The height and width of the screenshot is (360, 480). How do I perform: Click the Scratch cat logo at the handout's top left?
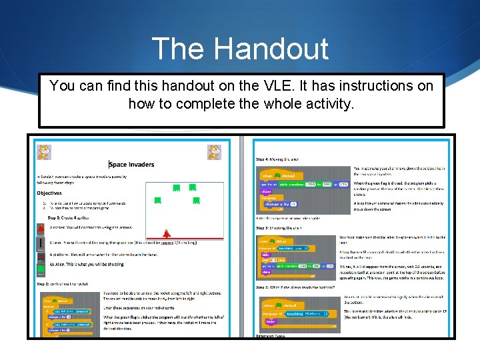tap(44, 151)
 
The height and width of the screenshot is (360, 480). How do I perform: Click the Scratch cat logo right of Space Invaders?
tap(214, 151)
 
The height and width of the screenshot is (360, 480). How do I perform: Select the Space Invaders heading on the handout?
tap(131, 165)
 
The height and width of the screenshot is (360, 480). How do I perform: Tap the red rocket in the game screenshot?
tap(167, 233)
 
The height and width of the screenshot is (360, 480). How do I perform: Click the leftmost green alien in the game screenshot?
tap(157, 199)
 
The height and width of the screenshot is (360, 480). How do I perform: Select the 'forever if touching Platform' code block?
tap(293, 313)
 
